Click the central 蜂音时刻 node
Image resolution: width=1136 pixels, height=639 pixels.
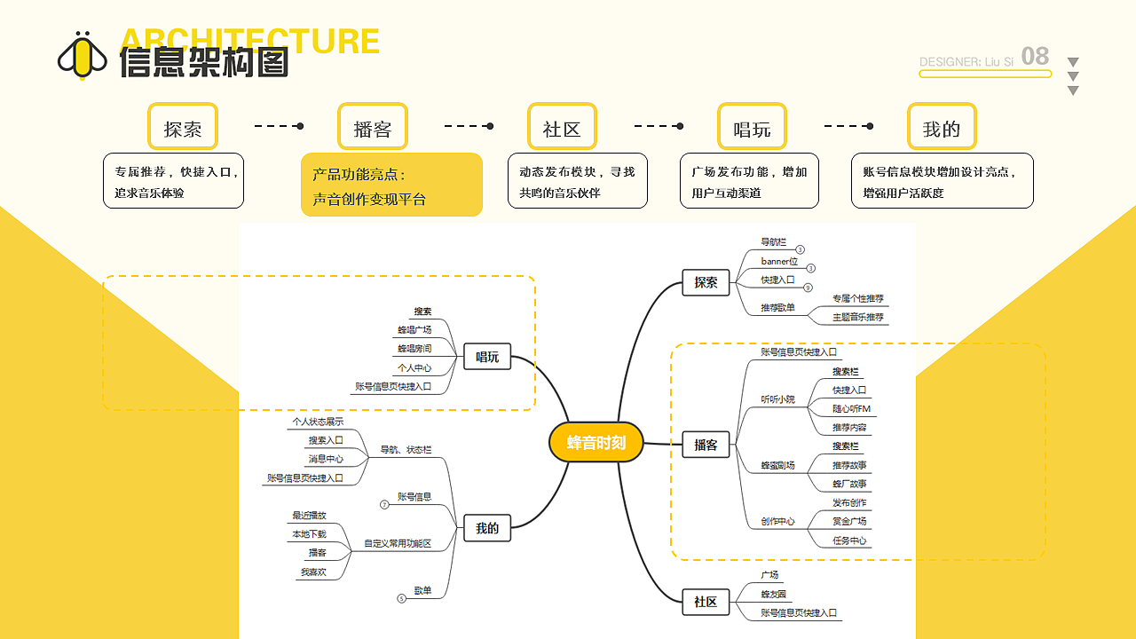coord(596,442)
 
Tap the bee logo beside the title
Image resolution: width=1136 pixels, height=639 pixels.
coord(83,56)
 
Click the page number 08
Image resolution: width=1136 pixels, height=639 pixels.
coord(1035,57)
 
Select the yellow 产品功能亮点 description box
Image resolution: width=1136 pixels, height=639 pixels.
coord(391,185)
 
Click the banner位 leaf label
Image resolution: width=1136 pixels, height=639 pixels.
coord(779,261)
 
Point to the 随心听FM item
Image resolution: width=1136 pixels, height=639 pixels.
coord(851,409)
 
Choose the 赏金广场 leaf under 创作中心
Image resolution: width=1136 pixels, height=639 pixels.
coord(849,521)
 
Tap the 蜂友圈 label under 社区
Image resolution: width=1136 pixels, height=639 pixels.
coord(773,594)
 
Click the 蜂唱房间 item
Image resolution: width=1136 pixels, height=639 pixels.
coord(414,349)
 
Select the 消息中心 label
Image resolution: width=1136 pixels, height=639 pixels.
coord(326,459)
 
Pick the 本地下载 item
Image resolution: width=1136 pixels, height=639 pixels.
coord(309,534)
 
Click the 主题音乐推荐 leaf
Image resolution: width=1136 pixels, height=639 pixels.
coord(857,317)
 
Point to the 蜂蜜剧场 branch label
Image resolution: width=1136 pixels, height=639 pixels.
coord(777,465)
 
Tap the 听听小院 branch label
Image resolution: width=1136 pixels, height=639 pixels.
coord(777,399)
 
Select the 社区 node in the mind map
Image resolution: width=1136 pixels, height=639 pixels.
coord(706,602)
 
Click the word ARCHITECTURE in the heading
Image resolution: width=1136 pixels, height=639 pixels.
coord(249,40)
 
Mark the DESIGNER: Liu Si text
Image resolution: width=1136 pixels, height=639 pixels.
coord(966,62)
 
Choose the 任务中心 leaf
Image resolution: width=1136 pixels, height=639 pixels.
coord(849,540)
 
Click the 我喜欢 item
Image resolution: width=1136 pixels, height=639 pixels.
coord(312,572)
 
